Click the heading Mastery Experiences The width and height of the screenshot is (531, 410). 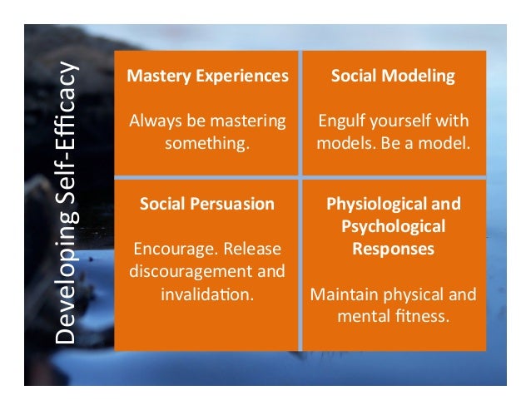coord(207,77)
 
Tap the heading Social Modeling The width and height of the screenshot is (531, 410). coord(393,77)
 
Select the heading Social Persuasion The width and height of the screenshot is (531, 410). coord(207,204)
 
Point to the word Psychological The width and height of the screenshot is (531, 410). coord(393,226)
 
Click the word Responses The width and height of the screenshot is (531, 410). coord(393,248)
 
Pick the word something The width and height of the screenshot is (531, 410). coord(207,143)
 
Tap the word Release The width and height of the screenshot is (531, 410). coord(251,249)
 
